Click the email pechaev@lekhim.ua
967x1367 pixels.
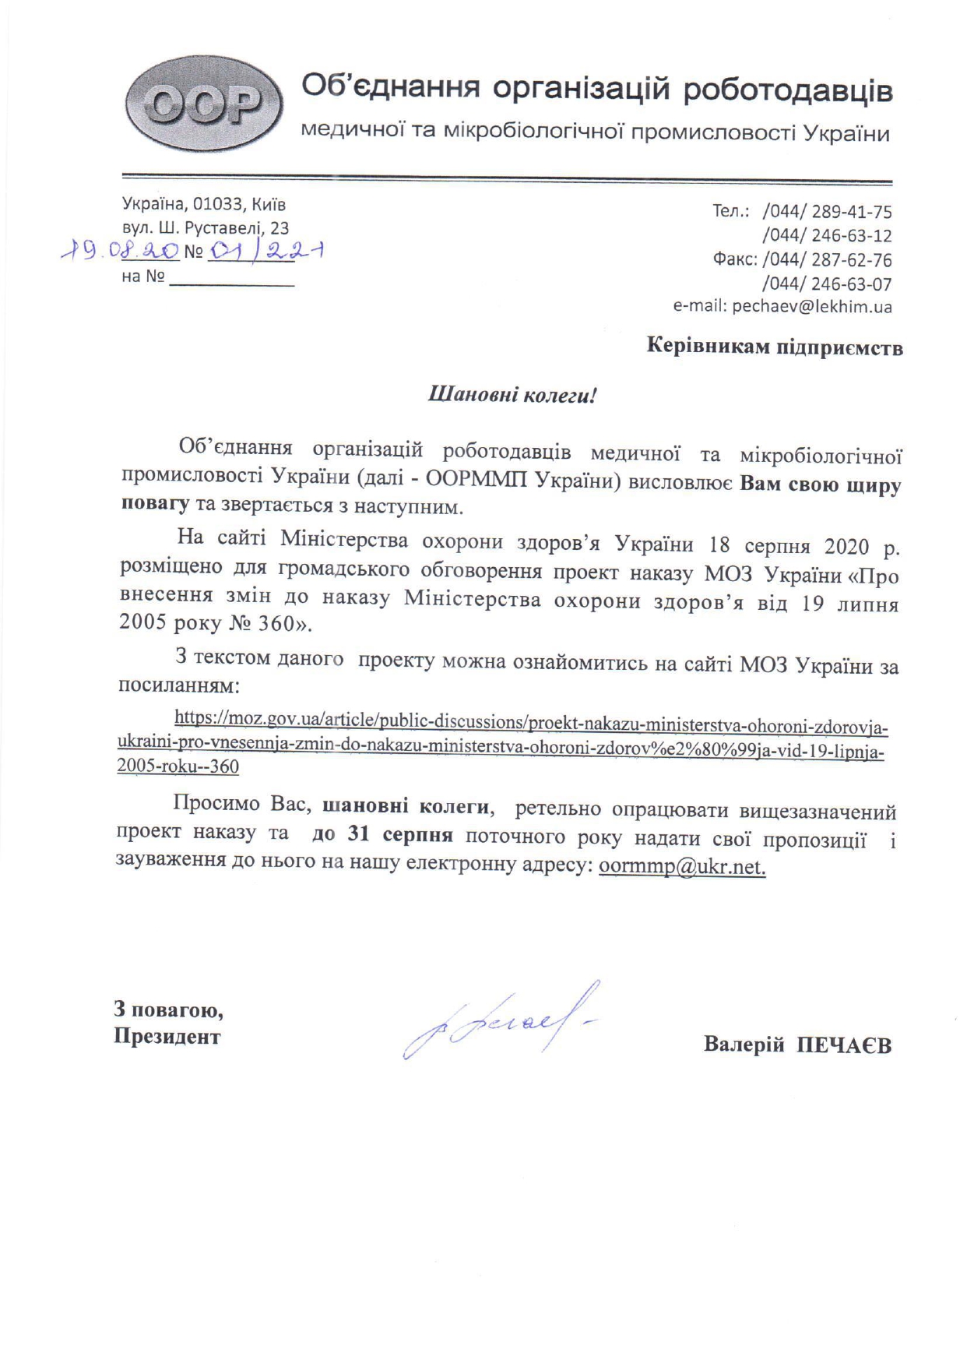click(x=811, y=307)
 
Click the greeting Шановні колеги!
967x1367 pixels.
click(x=512, y=395)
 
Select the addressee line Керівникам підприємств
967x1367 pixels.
click(x=774, y=347)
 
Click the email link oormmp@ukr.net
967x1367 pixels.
click(x=682, y=868)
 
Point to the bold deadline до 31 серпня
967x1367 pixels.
click(x=382, y=836)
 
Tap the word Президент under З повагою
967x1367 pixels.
click(x=167, y=1037)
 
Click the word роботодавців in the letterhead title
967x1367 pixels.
click(x=787, y=90)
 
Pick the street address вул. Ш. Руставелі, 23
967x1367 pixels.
click(x=206, y=228)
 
